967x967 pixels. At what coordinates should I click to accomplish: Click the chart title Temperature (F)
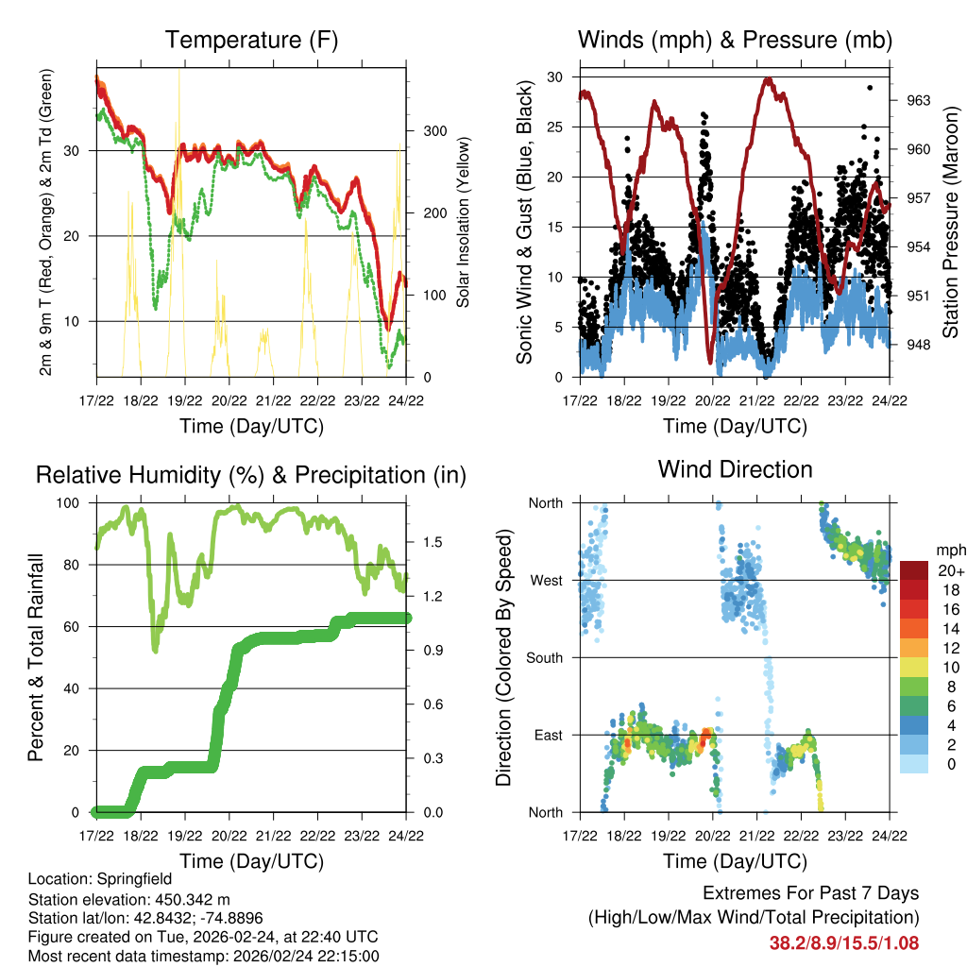[250, 41]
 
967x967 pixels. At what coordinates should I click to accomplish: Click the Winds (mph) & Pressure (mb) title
[735, 41]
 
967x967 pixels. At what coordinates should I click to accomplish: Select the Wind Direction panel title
[735, 469]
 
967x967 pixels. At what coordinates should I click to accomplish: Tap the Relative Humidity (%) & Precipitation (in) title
[250, 475]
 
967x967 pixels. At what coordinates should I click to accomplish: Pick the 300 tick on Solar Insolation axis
[433, 130]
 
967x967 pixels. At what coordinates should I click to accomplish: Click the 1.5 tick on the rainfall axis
[433, 542]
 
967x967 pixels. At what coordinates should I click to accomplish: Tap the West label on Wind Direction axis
[546, 581]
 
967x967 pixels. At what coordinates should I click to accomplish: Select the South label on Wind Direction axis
[544, 658]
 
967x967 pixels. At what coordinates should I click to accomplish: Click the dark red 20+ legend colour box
[915, 570]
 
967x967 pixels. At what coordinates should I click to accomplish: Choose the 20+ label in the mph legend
[949, 570]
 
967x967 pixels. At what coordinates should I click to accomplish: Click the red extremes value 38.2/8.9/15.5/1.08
[844, 942]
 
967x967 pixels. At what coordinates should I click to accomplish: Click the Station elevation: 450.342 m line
[129, 899]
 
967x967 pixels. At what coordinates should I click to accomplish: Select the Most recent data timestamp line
[204, 956]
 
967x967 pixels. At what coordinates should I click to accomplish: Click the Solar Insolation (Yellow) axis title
[464, 222]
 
